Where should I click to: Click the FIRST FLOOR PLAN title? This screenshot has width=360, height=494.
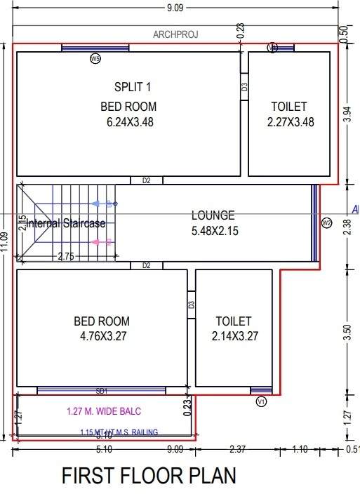149,476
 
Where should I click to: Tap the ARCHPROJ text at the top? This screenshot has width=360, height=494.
175,34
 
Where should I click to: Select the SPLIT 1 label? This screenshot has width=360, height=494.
133,87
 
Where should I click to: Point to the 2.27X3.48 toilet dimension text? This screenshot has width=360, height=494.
289,121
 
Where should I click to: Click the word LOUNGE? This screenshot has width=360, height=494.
213,215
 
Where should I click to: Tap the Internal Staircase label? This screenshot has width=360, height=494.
66,224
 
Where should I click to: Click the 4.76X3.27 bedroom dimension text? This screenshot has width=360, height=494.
102,336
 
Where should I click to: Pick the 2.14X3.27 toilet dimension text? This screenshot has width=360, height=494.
235,336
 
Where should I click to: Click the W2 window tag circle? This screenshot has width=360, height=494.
326,223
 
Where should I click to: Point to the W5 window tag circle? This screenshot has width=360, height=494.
95,59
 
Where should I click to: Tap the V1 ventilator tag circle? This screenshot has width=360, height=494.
261,401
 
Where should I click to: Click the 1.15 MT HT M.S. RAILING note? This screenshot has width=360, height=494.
119,432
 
